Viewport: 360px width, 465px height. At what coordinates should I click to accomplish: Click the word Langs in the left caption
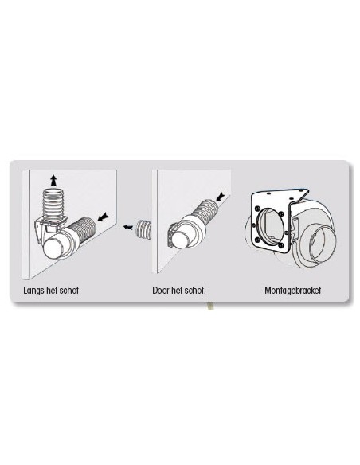pos(33,291)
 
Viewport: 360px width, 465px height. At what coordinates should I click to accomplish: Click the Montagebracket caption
pos(292,291)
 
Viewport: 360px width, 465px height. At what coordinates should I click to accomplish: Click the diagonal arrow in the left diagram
pos(101,216)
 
